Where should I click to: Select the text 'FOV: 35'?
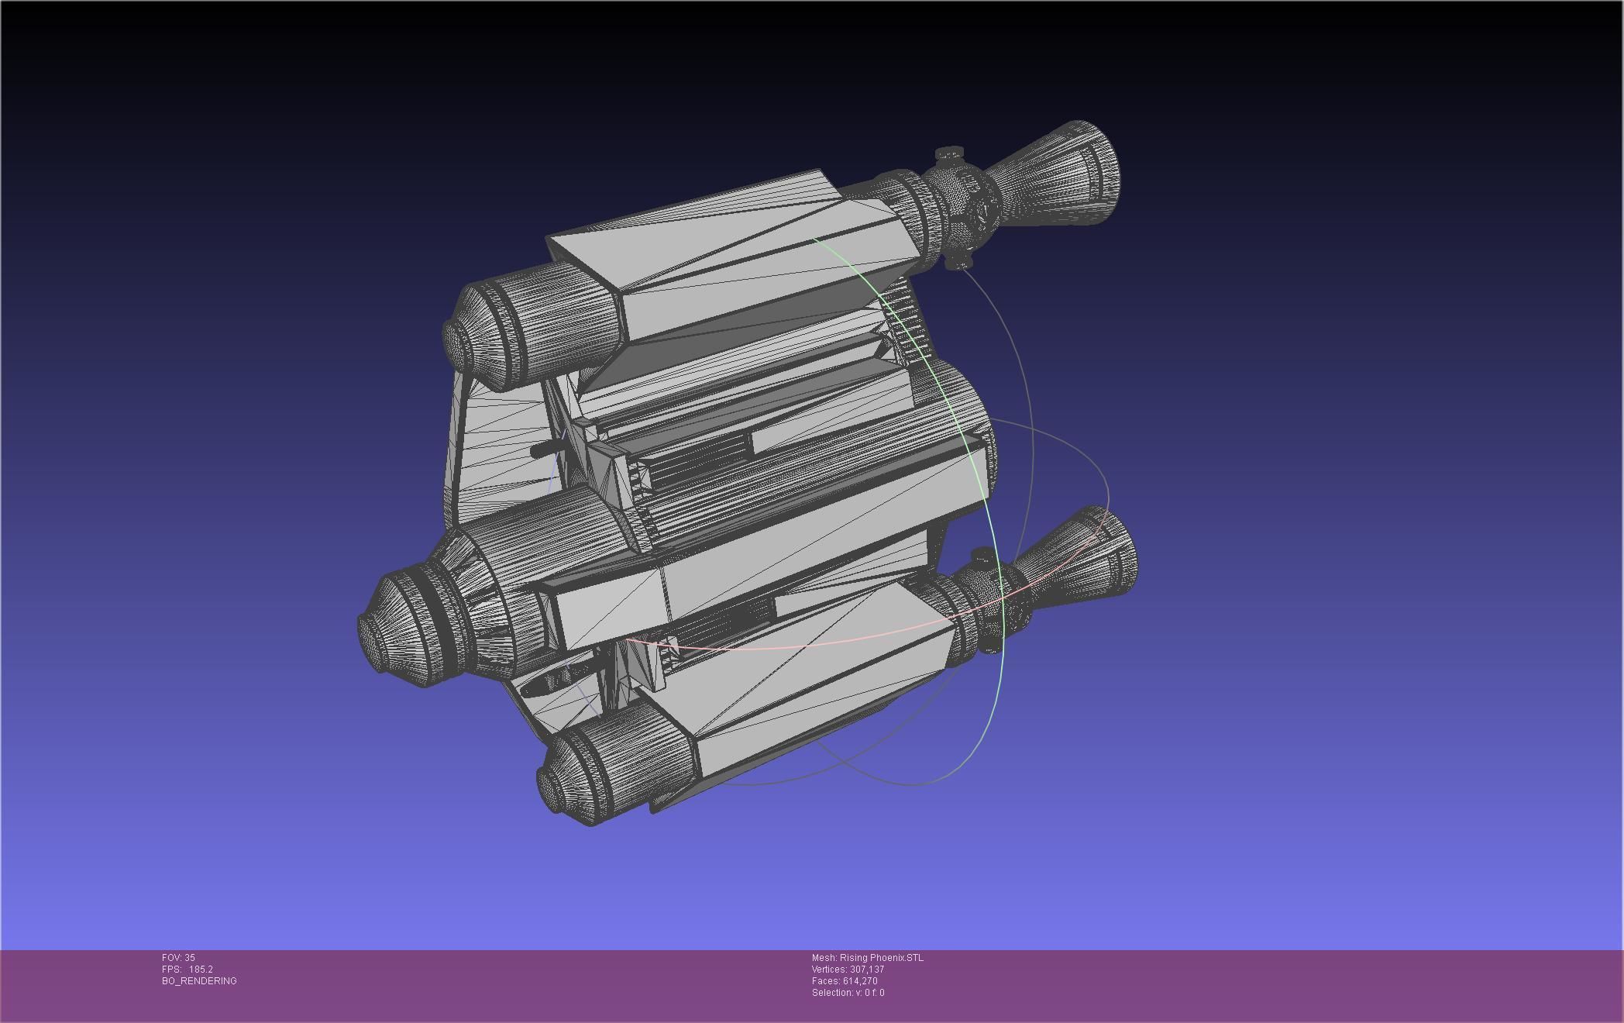pos(178,958)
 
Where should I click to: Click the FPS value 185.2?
pos(201,970)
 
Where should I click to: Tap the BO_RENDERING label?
pos(199,981)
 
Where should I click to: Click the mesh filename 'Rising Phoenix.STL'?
pos(881,958)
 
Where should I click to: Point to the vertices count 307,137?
pos(867,970)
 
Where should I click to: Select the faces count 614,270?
pos(860,981)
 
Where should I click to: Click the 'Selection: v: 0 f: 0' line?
pos(848,993)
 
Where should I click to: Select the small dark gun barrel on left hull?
pos(542,450)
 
